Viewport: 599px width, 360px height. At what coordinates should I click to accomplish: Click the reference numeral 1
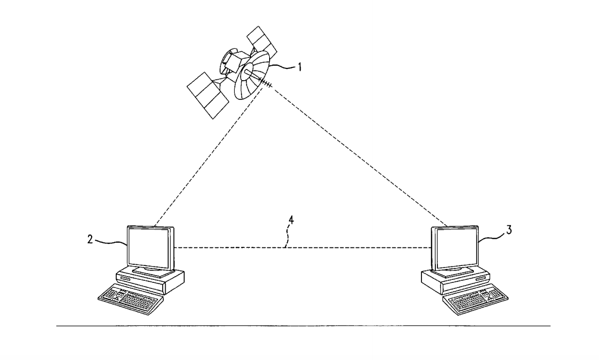coord(299,67)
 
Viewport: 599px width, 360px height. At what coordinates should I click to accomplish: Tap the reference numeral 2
coord(90,239)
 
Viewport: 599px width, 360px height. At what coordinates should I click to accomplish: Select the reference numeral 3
coord(509,230)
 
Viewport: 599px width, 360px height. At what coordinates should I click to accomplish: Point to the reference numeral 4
coord(291,220)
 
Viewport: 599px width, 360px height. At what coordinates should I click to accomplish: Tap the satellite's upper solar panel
coord(262,41)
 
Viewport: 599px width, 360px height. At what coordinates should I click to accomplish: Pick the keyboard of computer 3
coord(475,300)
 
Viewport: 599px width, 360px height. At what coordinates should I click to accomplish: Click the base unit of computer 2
coord(150,280)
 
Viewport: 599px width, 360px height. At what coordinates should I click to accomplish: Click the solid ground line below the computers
coord(303,326)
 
